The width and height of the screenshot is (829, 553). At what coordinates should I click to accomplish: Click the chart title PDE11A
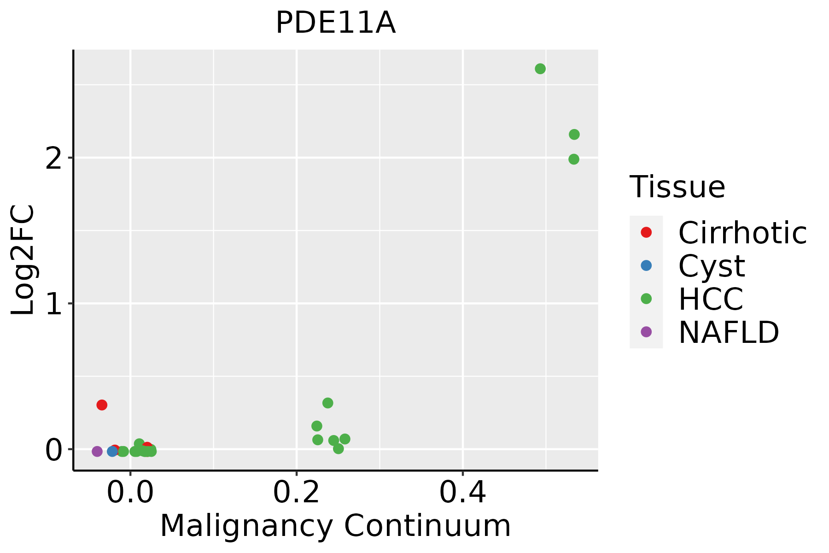(x=335, y=23)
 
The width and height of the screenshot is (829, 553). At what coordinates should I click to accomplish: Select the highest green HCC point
(x=540, y=69)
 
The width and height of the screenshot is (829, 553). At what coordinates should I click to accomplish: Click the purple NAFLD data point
(x=97, y=451)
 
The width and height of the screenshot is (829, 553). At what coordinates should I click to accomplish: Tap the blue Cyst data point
(x=112, y=451)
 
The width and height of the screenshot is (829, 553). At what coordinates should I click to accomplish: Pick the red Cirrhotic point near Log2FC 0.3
(x=102, y=405)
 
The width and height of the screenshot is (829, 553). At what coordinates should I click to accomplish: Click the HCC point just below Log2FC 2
(x=573, y=159)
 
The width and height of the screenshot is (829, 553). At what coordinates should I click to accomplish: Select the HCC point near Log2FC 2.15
(x=574, y=135)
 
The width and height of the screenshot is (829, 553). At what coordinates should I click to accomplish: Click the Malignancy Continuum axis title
(x=335, y=526)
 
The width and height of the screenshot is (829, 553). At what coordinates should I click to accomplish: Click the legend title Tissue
(x=677, y=187)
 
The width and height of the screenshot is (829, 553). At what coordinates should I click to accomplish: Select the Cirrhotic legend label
(x=742, y=233)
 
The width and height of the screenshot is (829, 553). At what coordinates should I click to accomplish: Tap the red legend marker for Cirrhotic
(x=646, y=232)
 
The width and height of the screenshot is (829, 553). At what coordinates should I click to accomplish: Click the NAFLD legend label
(x=729, y=332)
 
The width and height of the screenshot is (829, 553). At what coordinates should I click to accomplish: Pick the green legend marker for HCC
(x=646, y=299)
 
